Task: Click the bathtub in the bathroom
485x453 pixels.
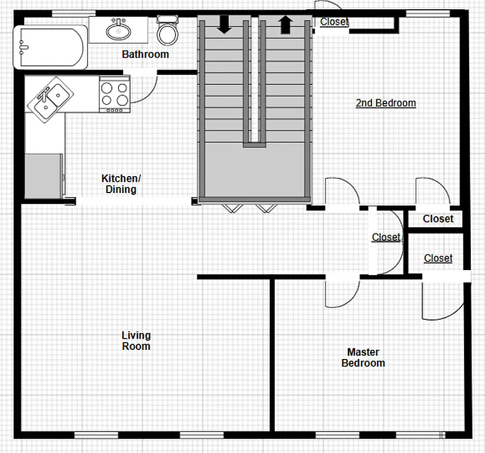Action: [50, 48]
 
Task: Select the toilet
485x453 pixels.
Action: [167, 33]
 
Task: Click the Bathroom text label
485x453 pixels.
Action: [145, 54]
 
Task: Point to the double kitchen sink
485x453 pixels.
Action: [49, 99]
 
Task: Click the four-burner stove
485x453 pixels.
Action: [115, 93]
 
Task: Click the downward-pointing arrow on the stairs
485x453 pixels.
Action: [224, 24]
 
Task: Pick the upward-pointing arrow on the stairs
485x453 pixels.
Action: [285, 24]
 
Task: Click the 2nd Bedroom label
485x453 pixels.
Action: [386, 103]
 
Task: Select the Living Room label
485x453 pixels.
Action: [136, 340]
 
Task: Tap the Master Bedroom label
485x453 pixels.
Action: [363, 357]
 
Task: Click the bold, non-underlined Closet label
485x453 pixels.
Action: [438, 219]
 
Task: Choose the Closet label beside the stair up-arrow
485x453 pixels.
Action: [334, 22]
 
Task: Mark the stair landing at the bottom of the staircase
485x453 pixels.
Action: [254, 170]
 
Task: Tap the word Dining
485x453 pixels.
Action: [121, 190]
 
